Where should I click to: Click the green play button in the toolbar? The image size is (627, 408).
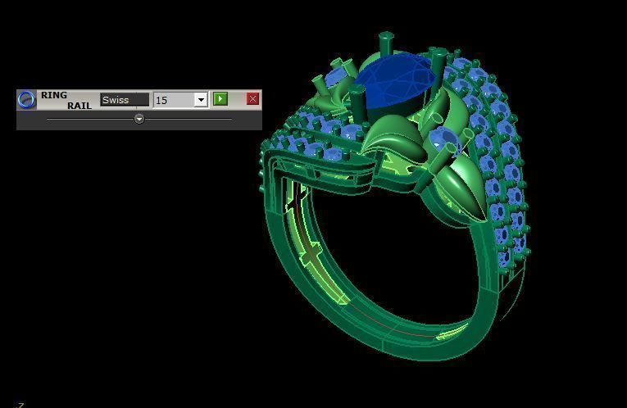point(220,99)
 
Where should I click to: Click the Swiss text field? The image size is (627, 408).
point(125,100)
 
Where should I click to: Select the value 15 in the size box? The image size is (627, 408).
point(172,100)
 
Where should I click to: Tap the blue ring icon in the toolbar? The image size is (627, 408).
point(26,99)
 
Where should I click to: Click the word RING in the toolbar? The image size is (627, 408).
point(54,95)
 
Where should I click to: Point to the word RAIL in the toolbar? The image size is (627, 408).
point(79,106)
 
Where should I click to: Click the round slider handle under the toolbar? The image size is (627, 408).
point(139,119)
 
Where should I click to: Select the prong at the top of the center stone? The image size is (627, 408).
point(385,41)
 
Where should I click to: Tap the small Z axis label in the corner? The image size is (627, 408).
point(20,404)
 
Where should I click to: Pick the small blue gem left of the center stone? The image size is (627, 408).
point(334,75)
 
